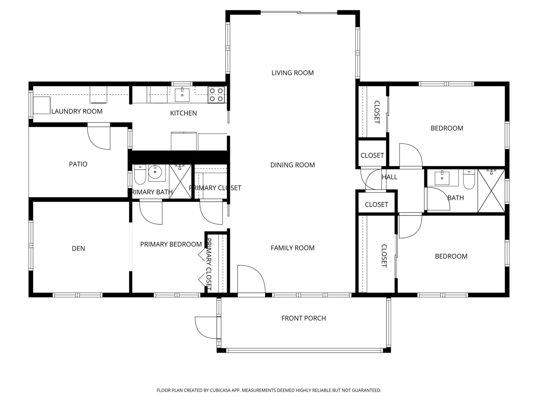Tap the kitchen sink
click(x=182, y=95)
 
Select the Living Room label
click(x=293, y=73)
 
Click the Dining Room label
click(x=293, y=165)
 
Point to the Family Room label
click(x=293, y=248)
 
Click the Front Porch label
click(x=303, y=318)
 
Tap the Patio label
click(x=78, y=164)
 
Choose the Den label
click(x=78, y=249)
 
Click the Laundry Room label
click(x=77, y=111)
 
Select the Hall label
click(x=389, y=177)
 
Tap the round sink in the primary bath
click(x=155, y=172)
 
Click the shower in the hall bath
click(x=491, y=191)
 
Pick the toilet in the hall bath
click(x=469, y=180)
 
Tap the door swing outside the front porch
click(x=206, y=327)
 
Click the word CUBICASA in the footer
click(x=219, y=390)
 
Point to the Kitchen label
click(x=184, y=113)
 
